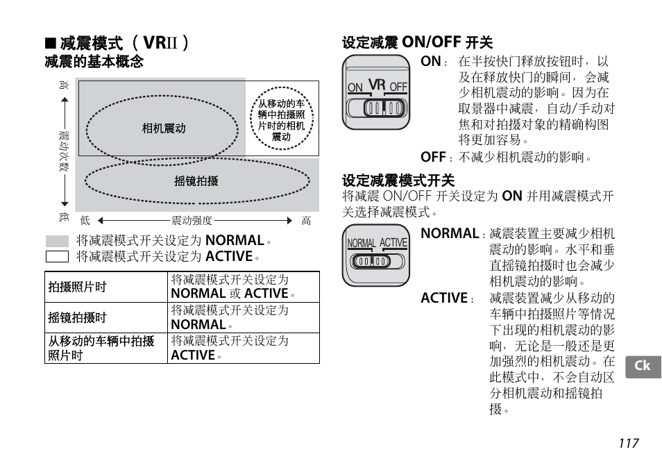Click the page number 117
pyautogui.click(x=629, y=443)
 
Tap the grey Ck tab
pyautogui.click(x=643, y=366)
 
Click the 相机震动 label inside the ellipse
pyautogui.click(x=163, y=128)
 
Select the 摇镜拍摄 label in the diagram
pyautogui.click(x=196, y=181)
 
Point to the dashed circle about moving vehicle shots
pyautogui.click(x=282, y=119)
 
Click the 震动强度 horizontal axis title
pyautogui.click(x=192, y=221)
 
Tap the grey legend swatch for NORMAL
pyautogui.click(x=57, y=241)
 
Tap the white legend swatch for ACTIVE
pyautogui.click(x=57, y=256)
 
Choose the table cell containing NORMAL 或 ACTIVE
pyautogui.click(x=243, y=287)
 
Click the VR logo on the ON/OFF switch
pyautogui.click(x=377, y=85)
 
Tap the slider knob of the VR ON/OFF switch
pyautogui.click(x=384, y=108)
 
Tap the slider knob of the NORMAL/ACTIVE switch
pyautogui.click(x=371, y=262)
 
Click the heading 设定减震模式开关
pyautogui.click(x=398, y=181)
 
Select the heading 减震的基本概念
pyautogui.click(x=94, y=62)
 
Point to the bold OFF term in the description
pyautogui.click(x=433, y=157)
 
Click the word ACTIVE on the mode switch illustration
pyautogui.click(x=393, y=243)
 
